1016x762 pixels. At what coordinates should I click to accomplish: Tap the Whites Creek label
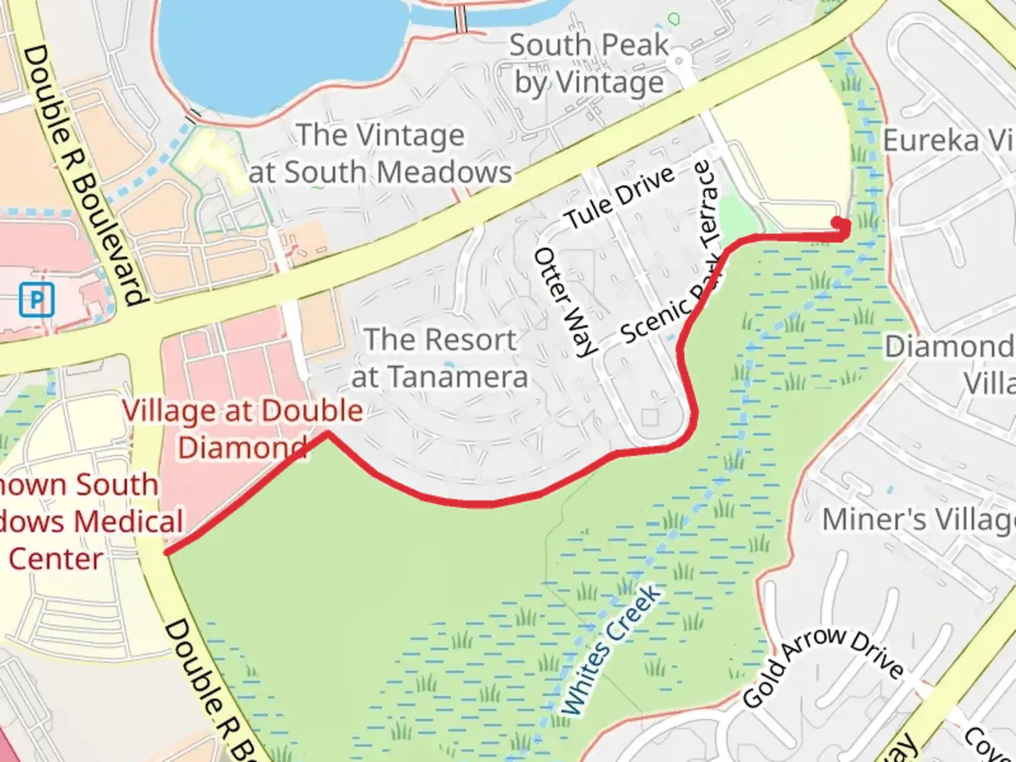point(612,649)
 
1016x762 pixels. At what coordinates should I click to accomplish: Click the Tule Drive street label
point(621,198)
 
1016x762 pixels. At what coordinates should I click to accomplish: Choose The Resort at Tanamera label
point(440,358)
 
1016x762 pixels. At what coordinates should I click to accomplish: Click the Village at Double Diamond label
point(243,428)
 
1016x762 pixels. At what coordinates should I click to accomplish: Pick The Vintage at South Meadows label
point(381,153)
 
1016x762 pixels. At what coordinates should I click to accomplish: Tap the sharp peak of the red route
point(327,434)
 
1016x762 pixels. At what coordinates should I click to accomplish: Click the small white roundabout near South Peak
point(679,61)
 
